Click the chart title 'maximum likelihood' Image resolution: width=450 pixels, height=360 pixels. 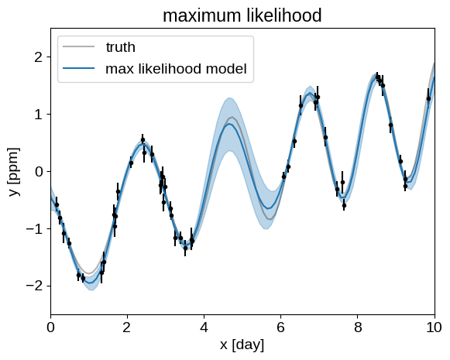tap(242, 15)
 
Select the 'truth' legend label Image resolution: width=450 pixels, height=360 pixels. tap(121, 46)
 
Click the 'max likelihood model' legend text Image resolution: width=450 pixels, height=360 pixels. tap(176, 69)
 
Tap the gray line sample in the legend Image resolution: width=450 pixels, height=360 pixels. tap(79, 46)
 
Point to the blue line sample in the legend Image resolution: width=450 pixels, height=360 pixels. tap(79, 68)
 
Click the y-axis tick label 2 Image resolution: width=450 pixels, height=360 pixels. tap(38, 57)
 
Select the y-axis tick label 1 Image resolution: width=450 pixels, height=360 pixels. tap(38, 115)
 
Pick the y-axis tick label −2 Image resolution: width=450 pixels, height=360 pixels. tap(34, 286)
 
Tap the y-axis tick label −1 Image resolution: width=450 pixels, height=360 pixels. tap(34, 228)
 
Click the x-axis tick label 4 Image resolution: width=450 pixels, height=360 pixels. tap(204, 327)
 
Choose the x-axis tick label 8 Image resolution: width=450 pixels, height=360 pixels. tap(358, 327)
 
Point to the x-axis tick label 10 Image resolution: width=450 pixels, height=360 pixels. tap(435, 327)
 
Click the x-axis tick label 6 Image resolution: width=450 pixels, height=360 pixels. tap(280, 327)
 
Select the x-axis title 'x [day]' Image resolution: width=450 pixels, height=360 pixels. tap(242, 345)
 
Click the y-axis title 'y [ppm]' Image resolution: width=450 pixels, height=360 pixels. tap(14, 172)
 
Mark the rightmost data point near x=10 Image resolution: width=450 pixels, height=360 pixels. tap(428, 98)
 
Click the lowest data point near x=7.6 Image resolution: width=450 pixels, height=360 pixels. tap(344, 205)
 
